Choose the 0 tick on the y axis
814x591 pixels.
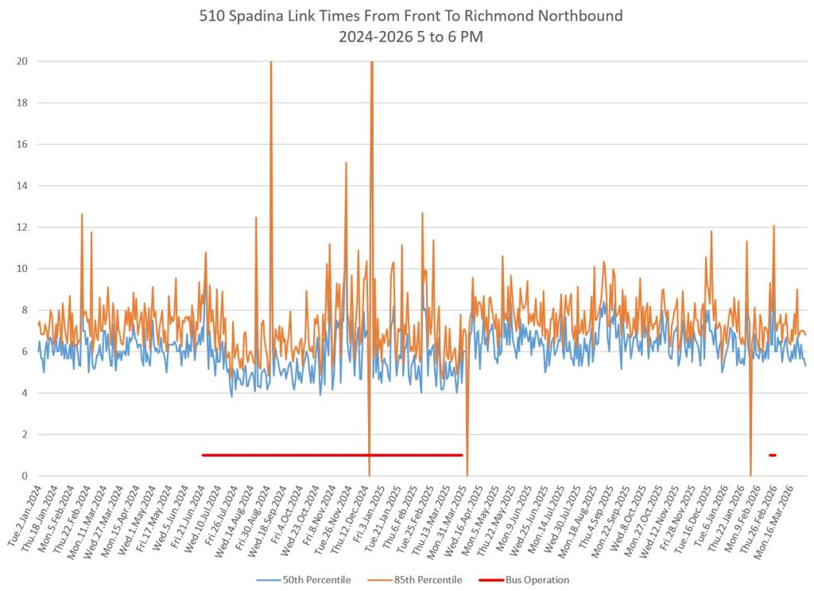click(24, 476)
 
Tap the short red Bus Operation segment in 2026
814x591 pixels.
click(772, 455)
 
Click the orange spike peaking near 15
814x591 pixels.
click(346, 165)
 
